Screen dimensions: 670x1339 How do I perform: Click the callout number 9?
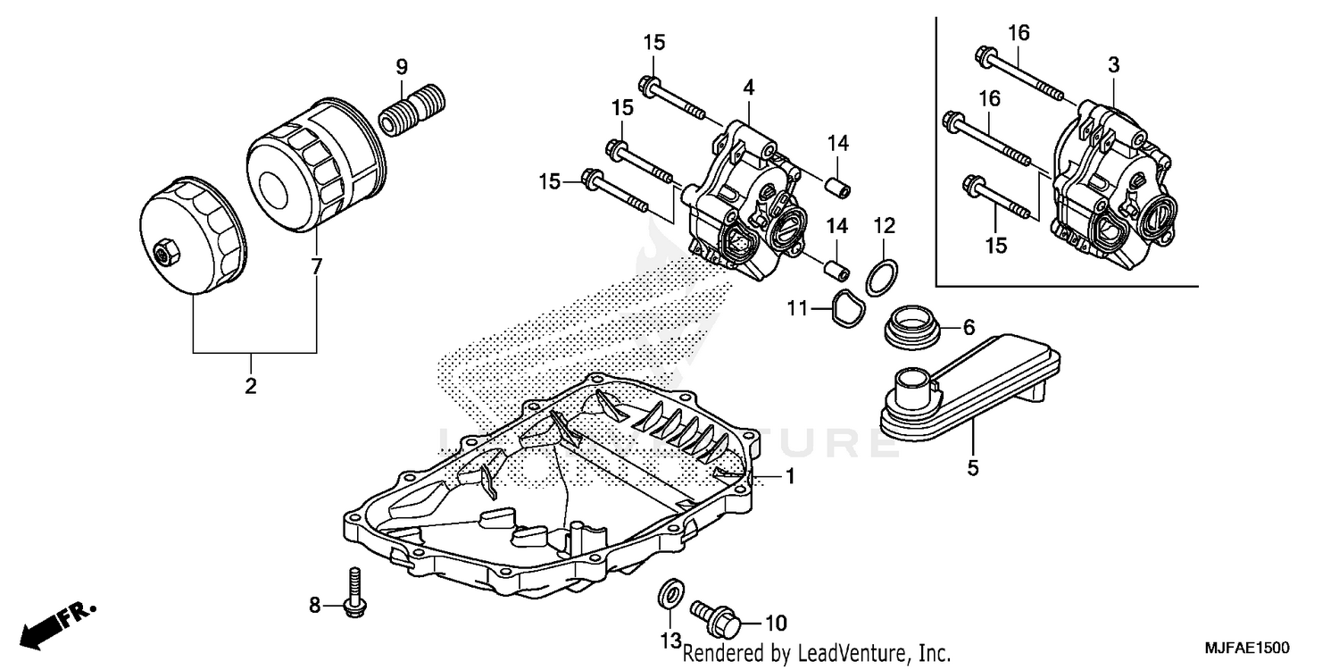click(x=402, y=66)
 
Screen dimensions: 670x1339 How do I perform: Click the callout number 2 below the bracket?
click(x=251, y=387)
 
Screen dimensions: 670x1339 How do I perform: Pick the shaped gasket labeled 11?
click(x=843, y=308)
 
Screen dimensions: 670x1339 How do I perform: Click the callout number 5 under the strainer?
click(x=972, y=467)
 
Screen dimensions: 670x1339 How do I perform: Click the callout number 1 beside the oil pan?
click(x=790, y=478)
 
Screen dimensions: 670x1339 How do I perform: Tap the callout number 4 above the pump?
click(x=748, y=88)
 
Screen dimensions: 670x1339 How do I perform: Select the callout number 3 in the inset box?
click(x=1113, y=65)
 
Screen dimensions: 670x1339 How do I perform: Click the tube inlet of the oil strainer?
click(x=911, y=385)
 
